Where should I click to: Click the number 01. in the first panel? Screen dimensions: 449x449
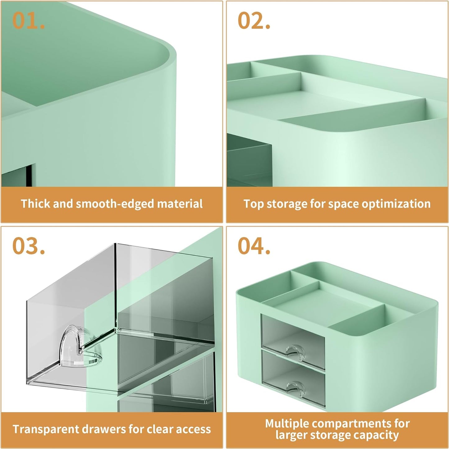tap(28, 21)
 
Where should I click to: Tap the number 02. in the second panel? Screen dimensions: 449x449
tap(254, 21)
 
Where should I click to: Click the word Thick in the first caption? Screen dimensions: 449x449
tap(35, 204)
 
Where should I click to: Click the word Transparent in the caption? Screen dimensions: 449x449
tap(46, 429)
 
